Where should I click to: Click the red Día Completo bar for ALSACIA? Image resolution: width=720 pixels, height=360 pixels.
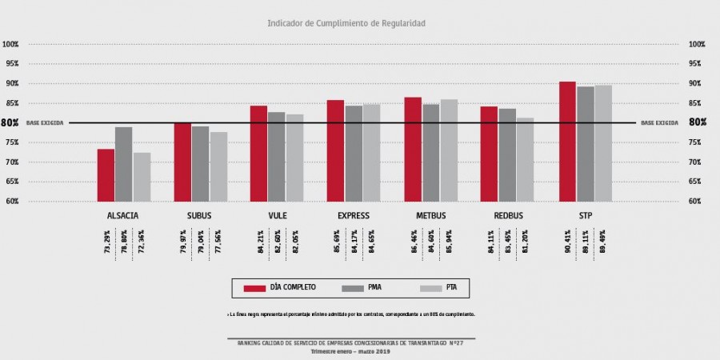[106, 174]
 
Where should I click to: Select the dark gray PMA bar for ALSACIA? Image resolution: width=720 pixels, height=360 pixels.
[123, 164]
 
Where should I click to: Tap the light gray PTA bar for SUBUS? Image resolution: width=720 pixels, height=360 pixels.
[218, 166]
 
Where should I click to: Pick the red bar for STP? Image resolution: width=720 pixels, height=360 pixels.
[567, 141]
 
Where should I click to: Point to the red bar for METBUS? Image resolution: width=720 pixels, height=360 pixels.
[413, 149]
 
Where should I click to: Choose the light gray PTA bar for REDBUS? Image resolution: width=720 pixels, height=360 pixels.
[525, 159]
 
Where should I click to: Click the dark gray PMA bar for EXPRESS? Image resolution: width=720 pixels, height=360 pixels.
[354, 153]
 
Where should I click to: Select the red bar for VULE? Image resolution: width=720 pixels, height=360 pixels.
[258, 153]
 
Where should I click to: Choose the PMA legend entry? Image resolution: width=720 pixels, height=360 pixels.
[364, 287]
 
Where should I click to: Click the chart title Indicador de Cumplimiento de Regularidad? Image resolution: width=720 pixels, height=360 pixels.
[346, 24]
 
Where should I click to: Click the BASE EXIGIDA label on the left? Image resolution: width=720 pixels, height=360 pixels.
[44, 123]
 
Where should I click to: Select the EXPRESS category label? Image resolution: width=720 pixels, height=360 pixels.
[353, 217]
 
